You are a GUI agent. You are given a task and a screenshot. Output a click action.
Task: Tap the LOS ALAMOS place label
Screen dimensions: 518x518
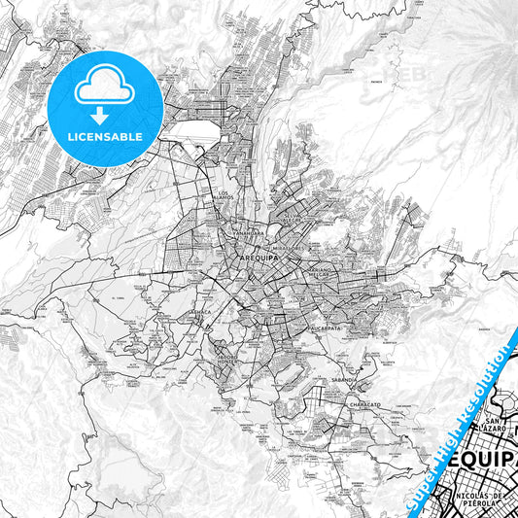coord(224,195)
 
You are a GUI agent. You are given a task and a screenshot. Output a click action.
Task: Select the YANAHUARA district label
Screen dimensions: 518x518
coord(248,234)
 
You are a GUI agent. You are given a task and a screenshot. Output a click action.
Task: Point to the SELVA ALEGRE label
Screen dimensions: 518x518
coord(293,219)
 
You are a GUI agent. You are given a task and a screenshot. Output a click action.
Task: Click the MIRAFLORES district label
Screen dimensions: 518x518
coord(291,248)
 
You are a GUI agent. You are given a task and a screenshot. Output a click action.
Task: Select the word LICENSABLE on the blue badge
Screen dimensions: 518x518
coord(103,136)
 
